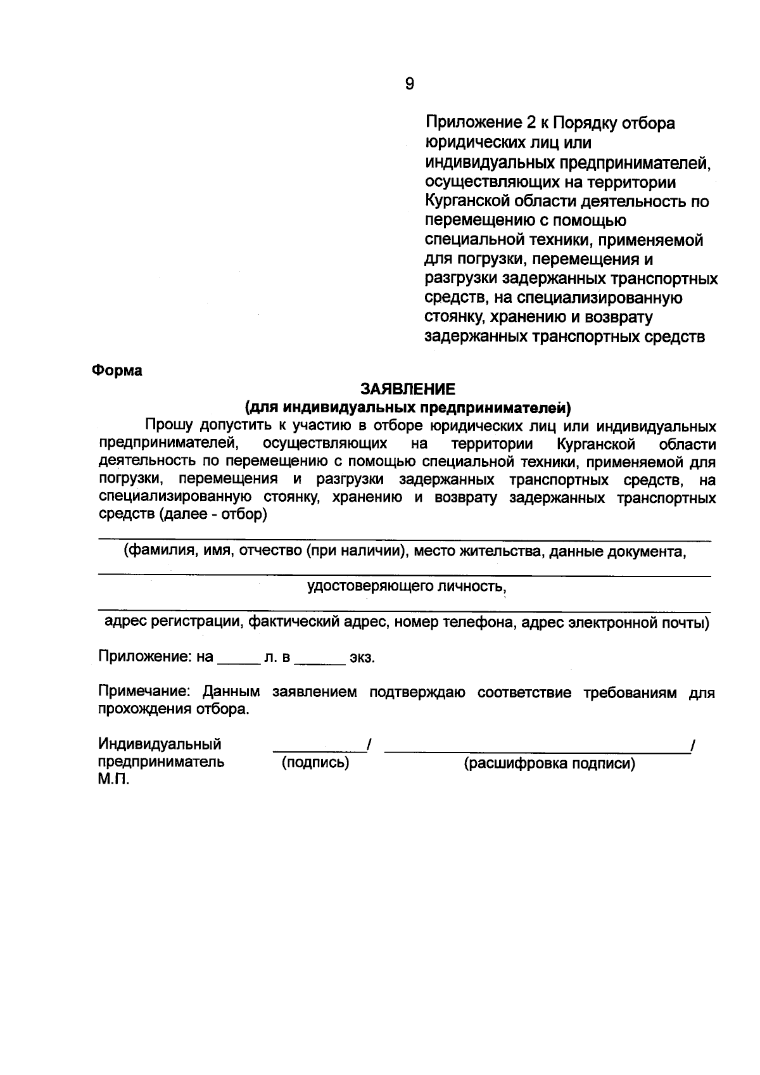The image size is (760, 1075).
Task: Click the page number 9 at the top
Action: (409, 84)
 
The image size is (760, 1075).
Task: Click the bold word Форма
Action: (117, 371)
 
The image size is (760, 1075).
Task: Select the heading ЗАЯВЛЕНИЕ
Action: (408, 388)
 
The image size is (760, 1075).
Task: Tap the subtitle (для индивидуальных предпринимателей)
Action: (408, 406)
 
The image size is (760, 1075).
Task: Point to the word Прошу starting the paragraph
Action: (169, 426)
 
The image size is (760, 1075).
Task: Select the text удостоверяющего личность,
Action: (407, 587)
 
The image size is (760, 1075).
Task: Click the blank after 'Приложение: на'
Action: (239, 661)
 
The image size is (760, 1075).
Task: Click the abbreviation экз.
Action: (362, 658)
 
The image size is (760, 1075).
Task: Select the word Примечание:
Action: (144, 692)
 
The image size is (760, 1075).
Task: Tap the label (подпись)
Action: (315, 763)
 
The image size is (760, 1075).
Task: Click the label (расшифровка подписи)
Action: (549, 764)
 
